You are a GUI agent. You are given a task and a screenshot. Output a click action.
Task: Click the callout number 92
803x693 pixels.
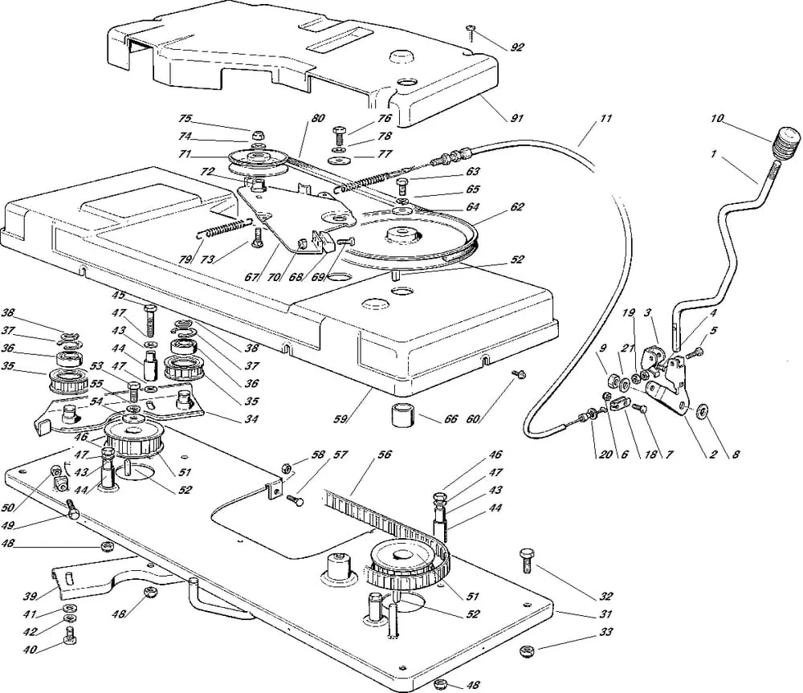click(x=517, y=47)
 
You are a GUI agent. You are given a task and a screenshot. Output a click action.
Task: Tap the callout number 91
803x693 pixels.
click(x=516, y=119)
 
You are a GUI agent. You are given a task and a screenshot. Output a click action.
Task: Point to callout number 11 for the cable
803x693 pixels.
click(x=605, y=119)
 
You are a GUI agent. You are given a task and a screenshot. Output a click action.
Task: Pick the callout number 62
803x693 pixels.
click(x=517, y=206)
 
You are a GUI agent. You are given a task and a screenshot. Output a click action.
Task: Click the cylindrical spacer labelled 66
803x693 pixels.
click(x=402, y=418)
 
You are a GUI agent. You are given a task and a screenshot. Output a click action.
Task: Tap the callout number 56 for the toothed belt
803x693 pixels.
click(x=385, y=455)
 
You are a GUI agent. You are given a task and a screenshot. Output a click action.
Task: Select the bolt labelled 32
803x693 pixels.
click(x=527, y=561)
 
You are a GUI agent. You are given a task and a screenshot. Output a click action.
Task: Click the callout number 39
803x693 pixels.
click(x=30, y=595)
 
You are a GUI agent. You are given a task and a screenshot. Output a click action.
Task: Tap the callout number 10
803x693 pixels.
click(x=716, y=119)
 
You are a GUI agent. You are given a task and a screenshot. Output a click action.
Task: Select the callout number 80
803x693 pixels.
click(x=317, y=119)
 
